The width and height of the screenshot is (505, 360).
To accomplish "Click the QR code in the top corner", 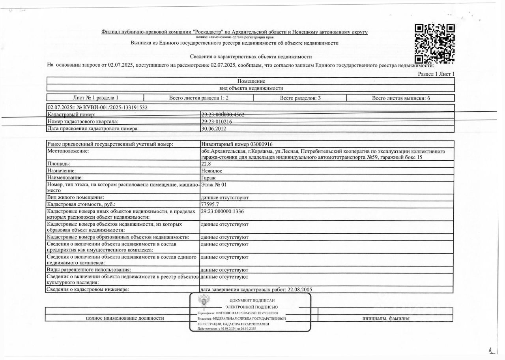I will pyautogui.click(x=435, y=43).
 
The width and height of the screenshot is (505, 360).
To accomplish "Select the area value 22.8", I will pyautogui.click(x=206, y=163).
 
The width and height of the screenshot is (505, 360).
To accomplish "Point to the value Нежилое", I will pyautogui.click(x=211, y=171).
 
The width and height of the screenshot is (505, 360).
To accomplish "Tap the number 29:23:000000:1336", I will pyautogui.click(x=225, y=211).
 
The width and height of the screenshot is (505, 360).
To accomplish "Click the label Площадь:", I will pyautogui.click(x=59, y=163).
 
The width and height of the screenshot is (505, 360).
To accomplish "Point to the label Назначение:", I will pyautogui.click(x=61, y=171).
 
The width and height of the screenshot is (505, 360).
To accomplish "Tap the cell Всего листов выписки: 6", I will pyautogui.click(x=401, y=97).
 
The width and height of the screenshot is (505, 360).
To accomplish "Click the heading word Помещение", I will pyautogui.click(x=251, y=81).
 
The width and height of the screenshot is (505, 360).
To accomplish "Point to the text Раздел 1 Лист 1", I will pyautogui.click(x=436, y=74).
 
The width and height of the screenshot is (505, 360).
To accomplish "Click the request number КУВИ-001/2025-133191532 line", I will pyautogui.click(x=97, y=107).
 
